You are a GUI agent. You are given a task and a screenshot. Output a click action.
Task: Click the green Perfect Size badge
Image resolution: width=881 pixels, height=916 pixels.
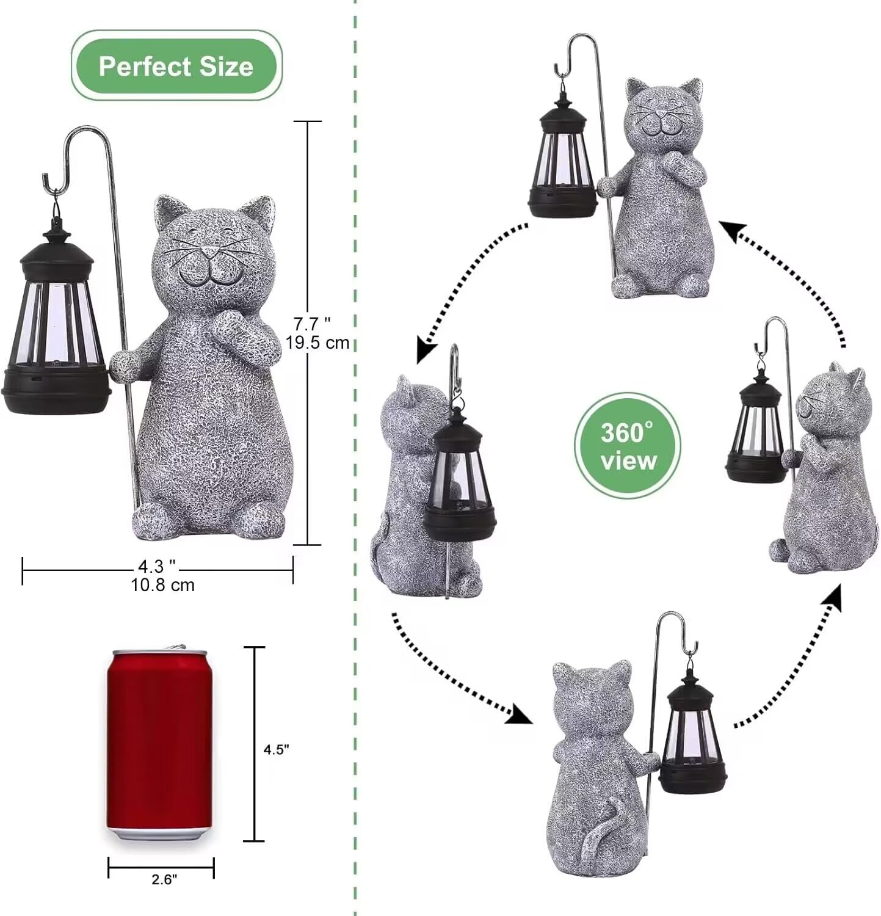coord(176,65)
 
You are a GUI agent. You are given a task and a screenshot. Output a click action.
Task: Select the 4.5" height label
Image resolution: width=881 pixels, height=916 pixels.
coord(276,750)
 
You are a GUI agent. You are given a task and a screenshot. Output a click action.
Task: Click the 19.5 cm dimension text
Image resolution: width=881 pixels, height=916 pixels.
coord(317,343)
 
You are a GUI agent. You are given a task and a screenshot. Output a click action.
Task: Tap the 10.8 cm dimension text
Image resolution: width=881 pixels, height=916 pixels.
coord(162,585)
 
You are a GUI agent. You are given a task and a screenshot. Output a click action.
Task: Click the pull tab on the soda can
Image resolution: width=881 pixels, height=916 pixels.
coord(175,646)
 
